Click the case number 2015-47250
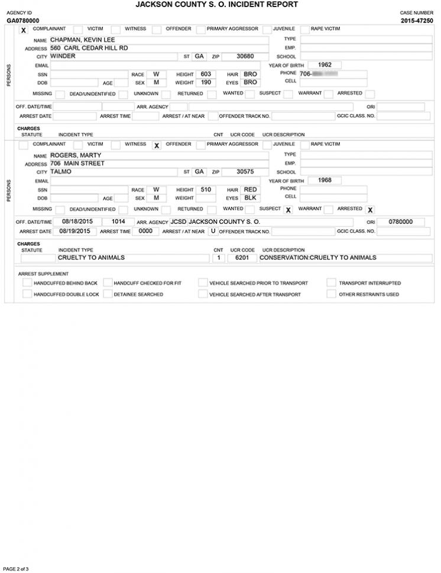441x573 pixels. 416,21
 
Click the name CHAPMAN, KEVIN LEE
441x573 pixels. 78,40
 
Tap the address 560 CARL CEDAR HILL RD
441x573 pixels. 89,48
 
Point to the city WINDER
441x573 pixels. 63,56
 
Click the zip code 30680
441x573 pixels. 245,56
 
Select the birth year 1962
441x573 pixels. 325,64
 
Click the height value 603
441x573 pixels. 206,74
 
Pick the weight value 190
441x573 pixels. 206,83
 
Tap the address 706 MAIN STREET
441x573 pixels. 77,163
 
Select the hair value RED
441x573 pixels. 250,190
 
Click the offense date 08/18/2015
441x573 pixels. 74,222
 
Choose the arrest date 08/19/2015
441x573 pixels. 74,231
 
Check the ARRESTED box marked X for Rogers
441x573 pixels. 370,210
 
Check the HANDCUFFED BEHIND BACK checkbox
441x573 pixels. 27,283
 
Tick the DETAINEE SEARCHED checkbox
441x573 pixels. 108,294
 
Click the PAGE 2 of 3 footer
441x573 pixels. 16,568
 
